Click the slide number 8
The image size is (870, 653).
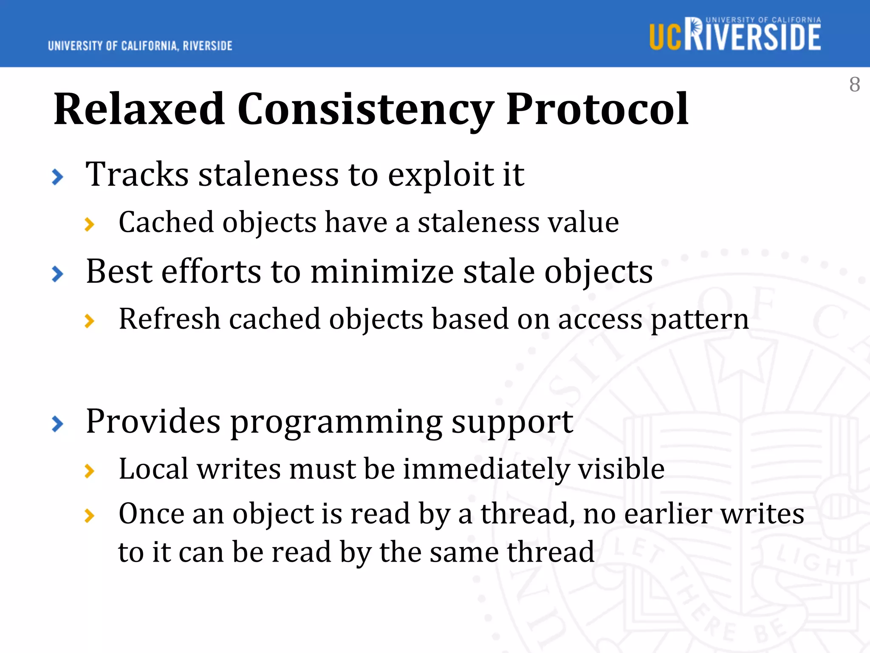tap(854, 85)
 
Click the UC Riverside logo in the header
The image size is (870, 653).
tap(735, 34)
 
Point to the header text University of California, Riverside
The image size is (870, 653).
tap(140, 46)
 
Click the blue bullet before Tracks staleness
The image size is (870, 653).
tap(57, 177)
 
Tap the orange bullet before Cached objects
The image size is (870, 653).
tap(89, 224)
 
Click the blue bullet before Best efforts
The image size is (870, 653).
tap(57, 274)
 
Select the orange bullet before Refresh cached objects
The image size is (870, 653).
tap(89, 321)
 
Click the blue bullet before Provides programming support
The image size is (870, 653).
tap(57, 424)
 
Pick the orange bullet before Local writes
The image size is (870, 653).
tap(89, 471)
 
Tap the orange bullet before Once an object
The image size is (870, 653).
tap(89, 516)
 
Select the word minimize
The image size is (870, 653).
tap(382, 272)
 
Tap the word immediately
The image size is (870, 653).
tap(486, 469)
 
